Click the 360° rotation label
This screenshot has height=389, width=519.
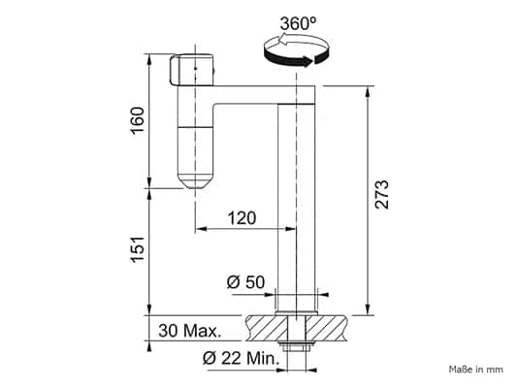[298, 23]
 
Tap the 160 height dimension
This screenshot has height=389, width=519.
[138, 120]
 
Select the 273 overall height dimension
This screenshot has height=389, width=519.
[381, 195]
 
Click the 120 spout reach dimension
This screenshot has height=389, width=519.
[242, 218]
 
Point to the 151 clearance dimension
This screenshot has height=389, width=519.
[138, 250]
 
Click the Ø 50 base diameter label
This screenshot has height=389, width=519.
[245, 282]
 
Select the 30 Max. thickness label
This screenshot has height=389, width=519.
[190, 331]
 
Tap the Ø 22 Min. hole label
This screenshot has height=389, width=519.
[241, 358]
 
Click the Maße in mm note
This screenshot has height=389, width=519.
[476, 370]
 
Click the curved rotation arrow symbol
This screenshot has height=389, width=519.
[297, 50]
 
